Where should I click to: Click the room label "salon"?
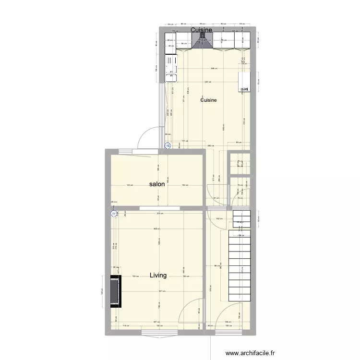tap(157, 184)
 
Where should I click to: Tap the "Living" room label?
tap(158, 276)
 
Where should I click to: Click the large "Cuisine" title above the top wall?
tap(202, 30)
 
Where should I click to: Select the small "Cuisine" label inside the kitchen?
tap(208, 100)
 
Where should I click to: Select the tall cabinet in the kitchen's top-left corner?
tap(170, 44)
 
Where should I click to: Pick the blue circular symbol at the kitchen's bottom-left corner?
tap(168, 146)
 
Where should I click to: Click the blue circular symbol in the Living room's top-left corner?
tap(114, 214)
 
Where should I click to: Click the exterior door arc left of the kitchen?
tap(146, 136)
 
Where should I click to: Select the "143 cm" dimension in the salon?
tap(130, 185)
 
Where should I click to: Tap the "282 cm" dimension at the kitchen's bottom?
tap(210, 145)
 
